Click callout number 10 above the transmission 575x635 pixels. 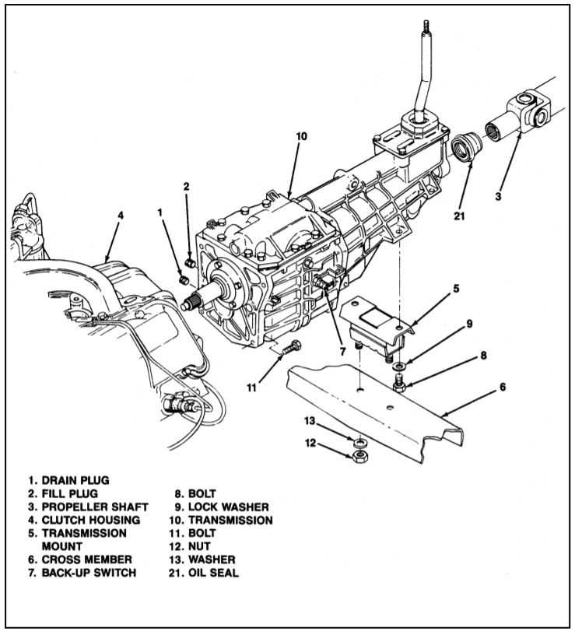click(301, 135)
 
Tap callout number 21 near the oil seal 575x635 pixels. click(458, 216)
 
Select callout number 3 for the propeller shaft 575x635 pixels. click(498, 196)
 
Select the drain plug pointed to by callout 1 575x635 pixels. click(184, 279)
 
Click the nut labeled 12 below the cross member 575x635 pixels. click(359, 454)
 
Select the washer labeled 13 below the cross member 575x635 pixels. click(360, 441)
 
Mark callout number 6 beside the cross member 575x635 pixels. click(503, 386)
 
